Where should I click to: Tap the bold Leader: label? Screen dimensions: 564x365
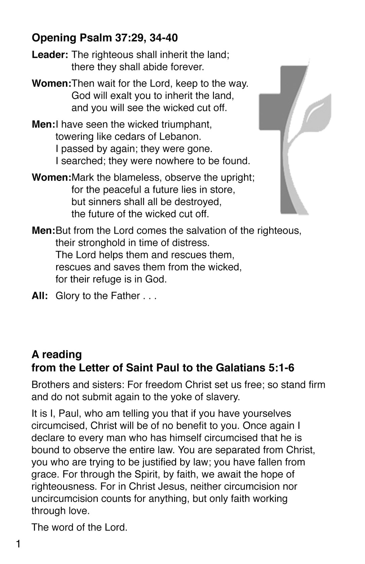(50, 55)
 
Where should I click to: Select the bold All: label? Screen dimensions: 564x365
(40, 296)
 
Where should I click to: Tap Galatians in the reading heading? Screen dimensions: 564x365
(240, 368)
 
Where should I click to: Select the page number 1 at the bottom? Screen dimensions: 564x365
(18, 544)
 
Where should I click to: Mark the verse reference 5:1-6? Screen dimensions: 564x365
(282, 368)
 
